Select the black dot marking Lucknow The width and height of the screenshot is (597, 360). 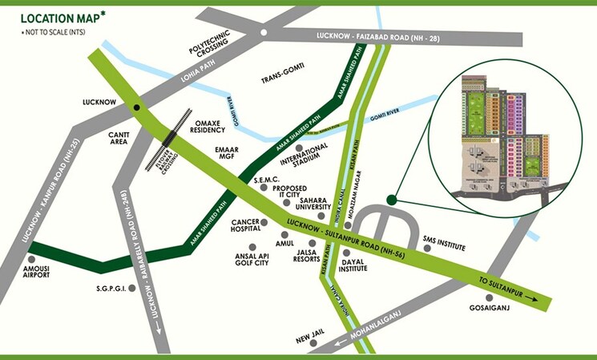[x=137, y=106]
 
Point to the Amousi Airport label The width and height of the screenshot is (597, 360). [x=37, y=270]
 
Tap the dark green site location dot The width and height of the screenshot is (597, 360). [x=392, y=200]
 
